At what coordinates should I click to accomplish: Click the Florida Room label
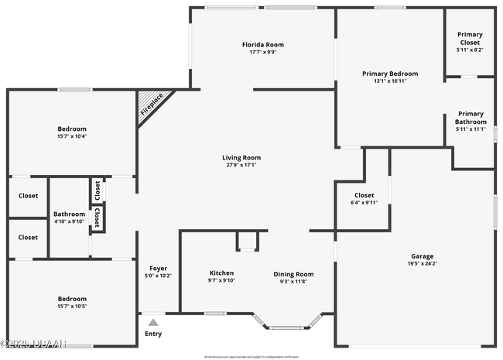click(262, 45)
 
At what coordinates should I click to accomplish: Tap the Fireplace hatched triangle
click(153, 105)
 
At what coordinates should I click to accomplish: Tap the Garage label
click(422, 256)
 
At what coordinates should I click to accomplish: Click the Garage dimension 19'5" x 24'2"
click(422, 264)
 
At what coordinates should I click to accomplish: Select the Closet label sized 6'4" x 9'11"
click(364, 195)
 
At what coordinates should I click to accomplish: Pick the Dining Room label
click(293, 273)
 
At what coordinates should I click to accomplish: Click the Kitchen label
click(221, 273)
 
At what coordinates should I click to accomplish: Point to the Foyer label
click(158, 268)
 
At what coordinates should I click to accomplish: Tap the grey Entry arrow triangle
click(153, 322)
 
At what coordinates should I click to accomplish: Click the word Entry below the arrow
click(153, 334)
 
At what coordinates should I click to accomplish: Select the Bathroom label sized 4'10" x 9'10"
click(69, 214)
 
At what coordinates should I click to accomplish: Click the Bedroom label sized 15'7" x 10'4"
click(72, 129)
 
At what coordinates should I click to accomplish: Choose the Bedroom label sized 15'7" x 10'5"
click(72, 299)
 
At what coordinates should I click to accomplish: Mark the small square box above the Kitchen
click(247, 241)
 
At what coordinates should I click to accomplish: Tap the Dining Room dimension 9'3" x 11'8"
click(293, 281)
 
